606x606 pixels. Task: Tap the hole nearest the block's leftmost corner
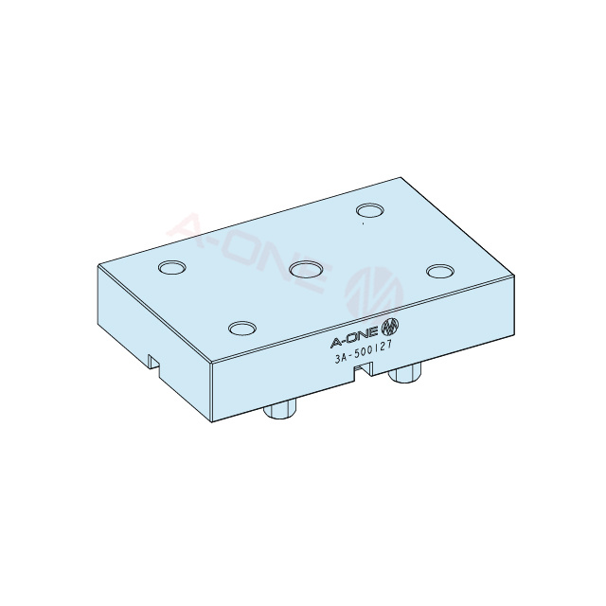click(172, 268)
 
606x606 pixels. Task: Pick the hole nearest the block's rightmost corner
click(439, 272)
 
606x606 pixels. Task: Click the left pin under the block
click(280, 409)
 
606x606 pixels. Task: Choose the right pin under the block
click(405, 373)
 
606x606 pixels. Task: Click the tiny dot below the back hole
click(364, 225)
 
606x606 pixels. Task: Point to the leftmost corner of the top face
click(98, 266)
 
